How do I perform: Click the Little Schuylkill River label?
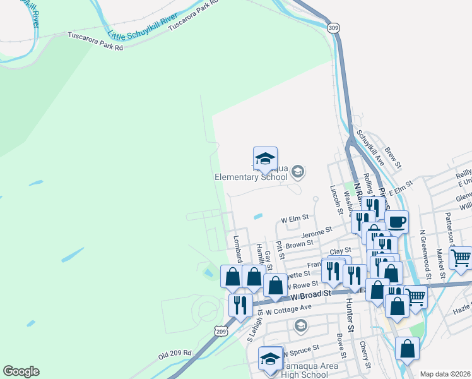coord(143,30)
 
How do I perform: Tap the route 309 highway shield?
coord(334,28)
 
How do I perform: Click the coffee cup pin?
coord(396,222)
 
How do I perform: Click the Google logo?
coord(21,371)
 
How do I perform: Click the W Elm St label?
coord(295,219)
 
